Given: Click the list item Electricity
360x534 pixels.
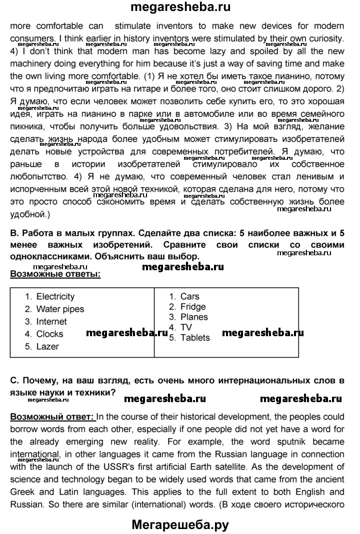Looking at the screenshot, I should [x=55, y=297].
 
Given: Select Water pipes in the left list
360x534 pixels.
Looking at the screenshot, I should [x=60, y=309].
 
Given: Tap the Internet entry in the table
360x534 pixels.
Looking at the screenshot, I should [x=51, y=322].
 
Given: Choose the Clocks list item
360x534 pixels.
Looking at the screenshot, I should [x=49, y=334].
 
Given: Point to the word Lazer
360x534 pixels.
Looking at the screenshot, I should [x=47, y=347].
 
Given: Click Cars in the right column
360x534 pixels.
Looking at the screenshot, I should [x=189, y=297].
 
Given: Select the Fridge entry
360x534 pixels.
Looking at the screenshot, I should [x=193, y=307].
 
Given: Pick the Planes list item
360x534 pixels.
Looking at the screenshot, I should [x=194, y=317].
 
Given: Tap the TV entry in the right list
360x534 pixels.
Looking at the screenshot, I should [x=186, y=327].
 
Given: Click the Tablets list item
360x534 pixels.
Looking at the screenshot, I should [x=195, y=338].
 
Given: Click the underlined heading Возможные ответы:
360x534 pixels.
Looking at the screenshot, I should [x=55, y=274].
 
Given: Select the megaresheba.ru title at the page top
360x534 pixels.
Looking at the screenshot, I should [x=180, y=7].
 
